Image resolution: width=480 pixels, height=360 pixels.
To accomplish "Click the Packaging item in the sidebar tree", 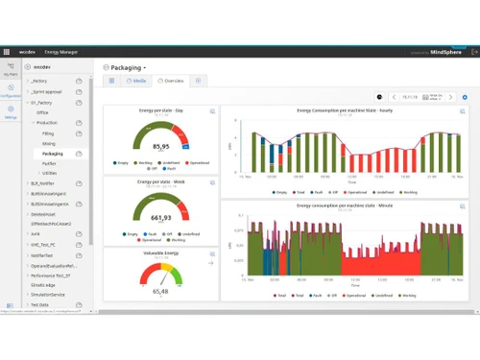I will [53, 154].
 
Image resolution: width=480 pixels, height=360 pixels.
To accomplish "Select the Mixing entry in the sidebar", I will [49, 143].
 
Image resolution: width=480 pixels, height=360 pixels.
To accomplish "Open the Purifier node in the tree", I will [50, 163].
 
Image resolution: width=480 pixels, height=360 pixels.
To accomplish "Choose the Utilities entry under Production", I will [50, 174].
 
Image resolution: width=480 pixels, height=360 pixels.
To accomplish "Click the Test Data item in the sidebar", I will [40, 304].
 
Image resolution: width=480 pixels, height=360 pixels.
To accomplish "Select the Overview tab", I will [172, 82].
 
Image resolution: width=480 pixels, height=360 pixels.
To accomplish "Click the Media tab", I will [137, 82].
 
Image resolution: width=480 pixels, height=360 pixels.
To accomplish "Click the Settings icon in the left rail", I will [11, 112].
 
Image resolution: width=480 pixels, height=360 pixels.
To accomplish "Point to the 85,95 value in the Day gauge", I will [161, 147].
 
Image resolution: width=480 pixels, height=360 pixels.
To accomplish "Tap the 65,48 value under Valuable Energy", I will [160, 291].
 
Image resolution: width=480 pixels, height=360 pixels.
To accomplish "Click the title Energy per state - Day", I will [160, 110].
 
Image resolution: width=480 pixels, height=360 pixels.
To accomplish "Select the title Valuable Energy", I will [160, 253].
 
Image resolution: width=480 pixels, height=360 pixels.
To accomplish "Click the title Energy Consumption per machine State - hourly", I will [345, 110].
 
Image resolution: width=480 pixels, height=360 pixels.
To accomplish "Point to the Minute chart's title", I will [345, 205].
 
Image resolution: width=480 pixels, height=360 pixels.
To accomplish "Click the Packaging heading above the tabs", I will [126, 68].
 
